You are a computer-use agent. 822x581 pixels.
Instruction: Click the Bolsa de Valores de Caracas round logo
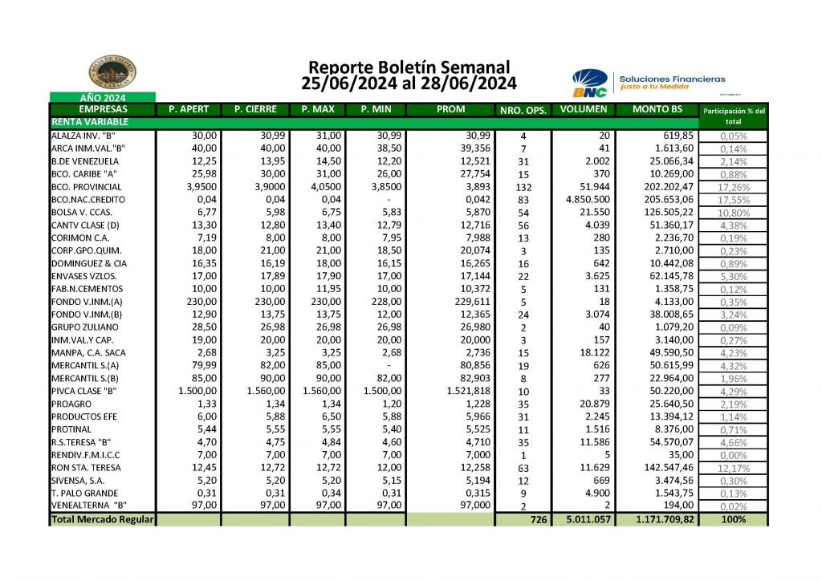[112, 73]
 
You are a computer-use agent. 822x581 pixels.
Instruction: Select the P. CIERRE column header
[255, 109]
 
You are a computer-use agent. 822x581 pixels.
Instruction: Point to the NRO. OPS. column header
[523, 111]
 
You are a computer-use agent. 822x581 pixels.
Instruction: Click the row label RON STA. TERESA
[86, 468]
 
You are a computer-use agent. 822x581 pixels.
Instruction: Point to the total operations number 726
[538, 520]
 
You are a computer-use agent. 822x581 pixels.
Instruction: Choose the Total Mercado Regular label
[102, 520]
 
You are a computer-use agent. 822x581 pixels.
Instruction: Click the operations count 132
[523, 188]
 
